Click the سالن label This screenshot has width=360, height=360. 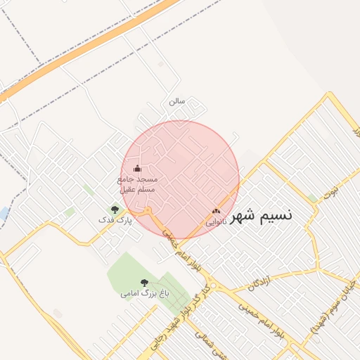(176, 101)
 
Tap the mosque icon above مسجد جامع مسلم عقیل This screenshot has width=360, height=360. (137, 168)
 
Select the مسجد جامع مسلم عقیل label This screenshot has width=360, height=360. (138, 184)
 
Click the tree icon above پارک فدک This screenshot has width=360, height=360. (115, 210)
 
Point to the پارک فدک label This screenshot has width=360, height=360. (115, 220)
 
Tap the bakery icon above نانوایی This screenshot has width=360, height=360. (216, 210)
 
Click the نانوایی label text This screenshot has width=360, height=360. (215, 221)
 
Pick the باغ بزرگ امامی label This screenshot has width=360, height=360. (145, 292)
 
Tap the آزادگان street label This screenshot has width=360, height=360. (259, 282)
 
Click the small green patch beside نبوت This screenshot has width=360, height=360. (311, 198)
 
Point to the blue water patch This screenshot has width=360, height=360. (3, 213)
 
